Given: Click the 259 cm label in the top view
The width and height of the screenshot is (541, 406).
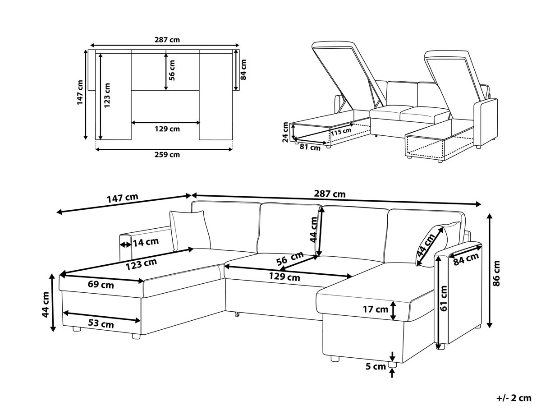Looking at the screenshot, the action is click(x=167, y=155).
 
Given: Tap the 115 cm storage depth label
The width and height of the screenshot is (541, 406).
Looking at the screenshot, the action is click(x=341, y=132).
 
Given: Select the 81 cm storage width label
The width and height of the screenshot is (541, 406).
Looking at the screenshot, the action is click(x=310, y=148).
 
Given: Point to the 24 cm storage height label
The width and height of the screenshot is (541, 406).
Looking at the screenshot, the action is click(x=285, y=132).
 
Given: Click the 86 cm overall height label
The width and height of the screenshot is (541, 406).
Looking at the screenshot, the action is click(x=496, y=273).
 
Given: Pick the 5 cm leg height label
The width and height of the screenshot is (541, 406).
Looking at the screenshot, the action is click(x=376, y=367).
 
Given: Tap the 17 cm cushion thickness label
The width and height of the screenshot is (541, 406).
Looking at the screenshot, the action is click(x=376, y=309).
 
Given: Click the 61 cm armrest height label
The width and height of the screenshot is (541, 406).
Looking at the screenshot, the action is click(x=444, y=299).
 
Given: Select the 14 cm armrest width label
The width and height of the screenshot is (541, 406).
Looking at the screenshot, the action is click(x=146, y=242).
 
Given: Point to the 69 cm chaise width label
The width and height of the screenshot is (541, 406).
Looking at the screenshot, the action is click(x=101, y=285).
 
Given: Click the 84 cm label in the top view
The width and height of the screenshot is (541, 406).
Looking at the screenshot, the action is click(x=243, y=69).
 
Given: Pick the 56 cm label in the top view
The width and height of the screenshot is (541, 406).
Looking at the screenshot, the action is click(x=172, y=70).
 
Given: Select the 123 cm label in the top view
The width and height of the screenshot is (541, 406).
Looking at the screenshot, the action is click(x=107, y=95).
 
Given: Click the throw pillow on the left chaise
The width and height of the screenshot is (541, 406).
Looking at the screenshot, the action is click(x=190, y=231).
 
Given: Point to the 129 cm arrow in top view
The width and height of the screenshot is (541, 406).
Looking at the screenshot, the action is click(x=165, y=123).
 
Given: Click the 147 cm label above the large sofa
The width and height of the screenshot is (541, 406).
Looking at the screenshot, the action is click(x=123, y=198).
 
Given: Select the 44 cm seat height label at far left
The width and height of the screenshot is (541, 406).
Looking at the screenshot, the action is click(x=46, y=304).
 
